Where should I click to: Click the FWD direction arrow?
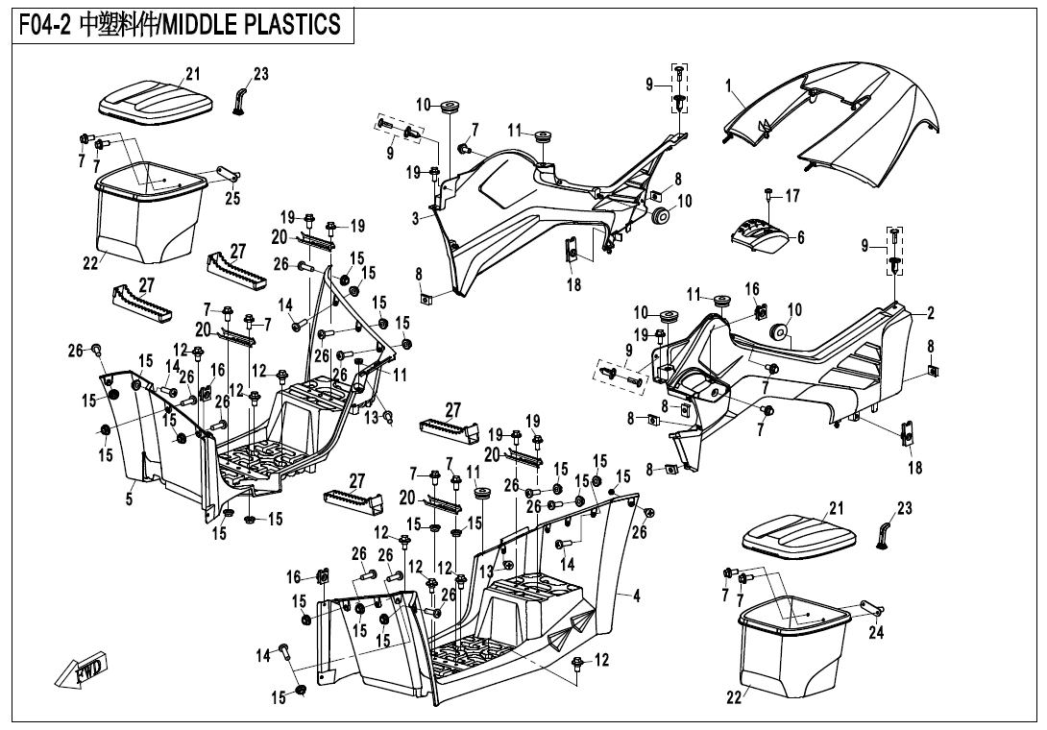(x=83, y=670)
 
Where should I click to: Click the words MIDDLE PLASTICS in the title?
(x=252, y=25)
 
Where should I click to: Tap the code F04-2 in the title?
(x=46, y=25)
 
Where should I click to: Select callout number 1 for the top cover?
(x=729, y=85)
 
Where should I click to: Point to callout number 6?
(x=800, y=237)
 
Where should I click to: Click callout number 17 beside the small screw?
(x=792, y=196)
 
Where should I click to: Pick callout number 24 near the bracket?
(x=875, y=632)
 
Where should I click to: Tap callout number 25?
(x=232, y=199)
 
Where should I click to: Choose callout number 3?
(x=416, y=219)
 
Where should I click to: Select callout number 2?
(x=930, y=313)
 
